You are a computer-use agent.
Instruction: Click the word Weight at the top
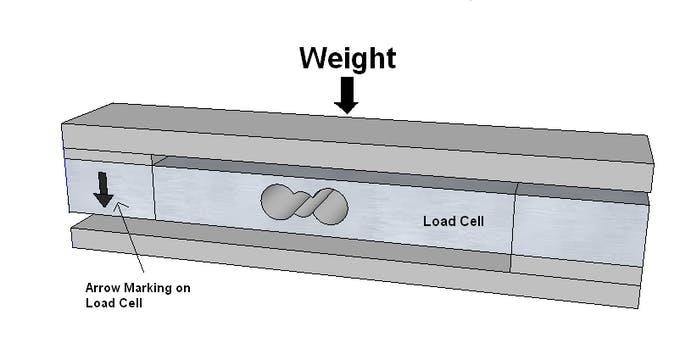(x=347, y=57)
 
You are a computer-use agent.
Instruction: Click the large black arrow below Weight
(x=347, y=96)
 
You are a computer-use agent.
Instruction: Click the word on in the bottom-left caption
(x=181, y=288)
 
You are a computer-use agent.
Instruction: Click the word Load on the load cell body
(x=437, y=220)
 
